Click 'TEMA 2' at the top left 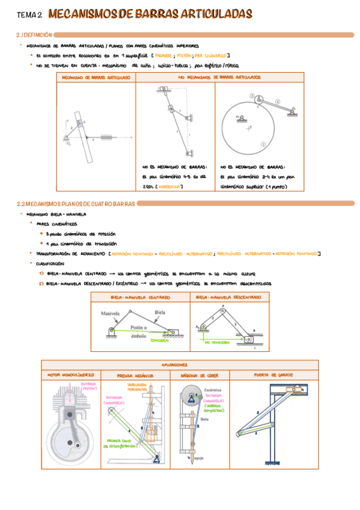tap(29, 14)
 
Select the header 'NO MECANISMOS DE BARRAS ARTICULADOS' tap(219, 78)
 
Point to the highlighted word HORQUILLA tap(170, 187)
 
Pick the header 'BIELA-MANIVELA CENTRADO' tap(140, 297)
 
